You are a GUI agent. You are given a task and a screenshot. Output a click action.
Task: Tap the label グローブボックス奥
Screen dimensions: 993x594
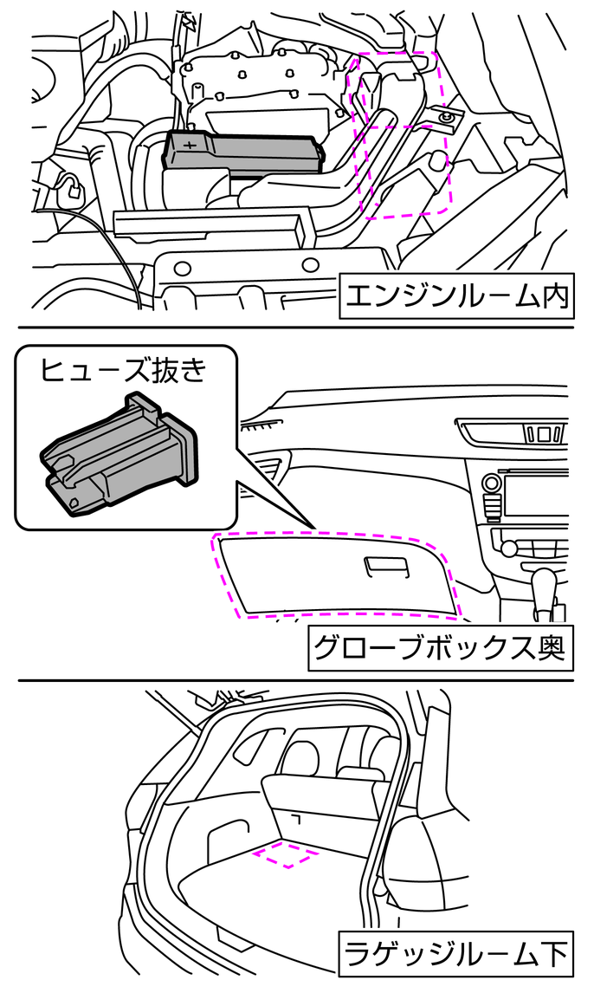point(440,647)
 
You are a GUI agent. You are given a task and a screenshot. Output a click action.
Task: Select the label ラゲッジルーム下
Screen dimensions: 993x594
point(455,955)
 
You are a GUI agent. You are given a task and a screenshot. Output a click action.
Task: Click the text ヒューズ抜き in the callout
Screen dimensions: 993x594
point(125,371)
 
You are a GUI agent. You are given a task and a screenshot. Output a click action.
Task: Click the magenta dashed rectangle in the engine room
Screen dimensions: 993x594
point(402,133)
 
